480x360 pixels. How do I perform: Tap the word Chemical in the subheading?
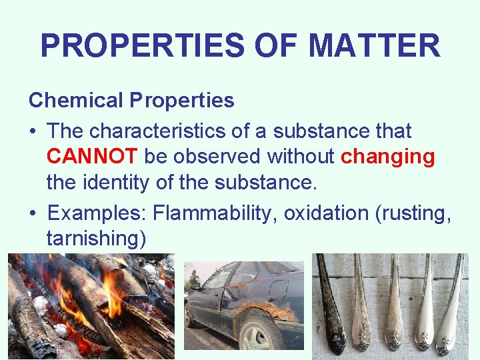point(76,101)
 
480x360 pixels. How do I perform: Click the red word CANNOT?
point(92,156)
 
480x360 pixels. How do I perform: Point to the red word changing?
point(387,156)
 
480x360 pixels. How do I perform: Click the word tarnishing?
point(96,238)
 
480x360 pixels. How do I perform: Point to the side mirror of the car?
point(195,286)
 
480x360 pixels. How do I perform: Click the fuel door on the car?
point(278,289)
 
